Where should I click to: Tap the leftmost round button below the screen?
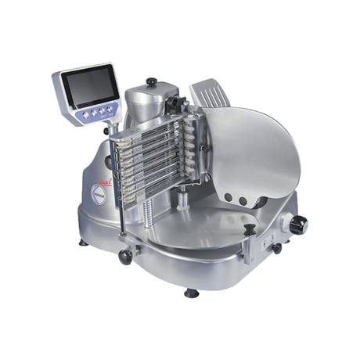pos(87,113)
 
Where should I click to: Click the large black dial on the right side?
pos(298,225)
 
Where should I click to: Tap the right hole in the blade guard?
pos(243,201)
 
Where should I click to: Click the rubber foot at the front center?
pos(190,293)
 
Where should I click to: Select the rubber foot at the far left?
pos(83,243)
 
